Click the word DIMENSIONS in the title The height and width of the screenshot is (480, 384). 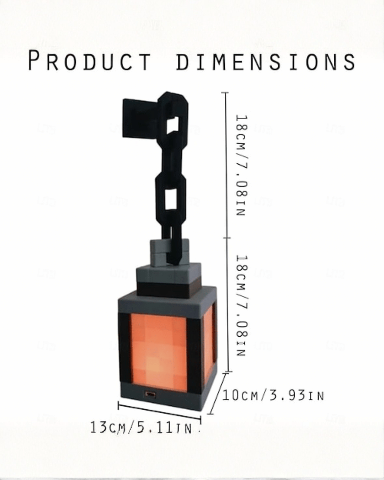(x=266, y=61)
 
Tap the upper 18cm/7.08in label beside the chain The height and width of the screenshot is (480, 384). (x=241, y=165)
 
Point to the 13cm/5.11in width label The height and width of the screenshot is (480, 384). (x=141, y=428)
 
